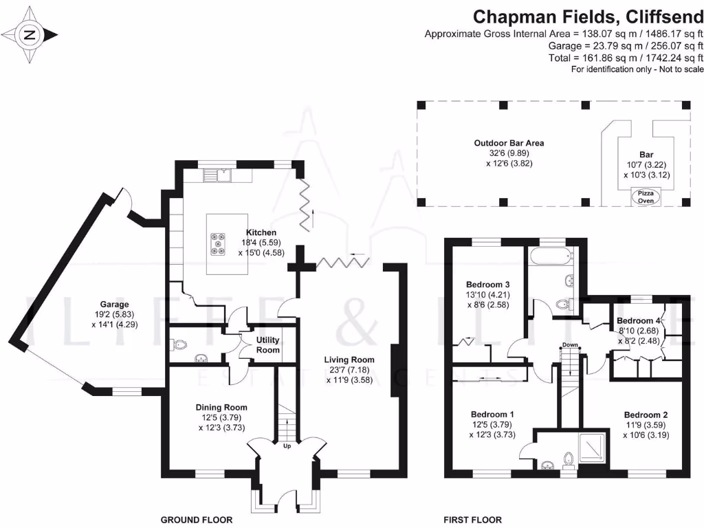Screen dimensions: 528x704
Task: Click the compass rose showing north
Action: coord(29,34)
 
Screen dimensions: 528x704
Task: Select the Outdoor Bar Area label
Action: coord(509,143)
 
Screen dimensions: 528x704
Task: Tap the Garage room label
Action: coord(114,304)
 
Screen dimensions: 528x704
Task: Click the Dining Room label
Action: coord(221,407)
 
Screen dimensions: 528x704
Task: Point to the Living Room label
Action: coord(351,359)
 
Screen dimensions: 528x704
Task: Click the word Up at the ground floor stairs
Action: coord(287,446)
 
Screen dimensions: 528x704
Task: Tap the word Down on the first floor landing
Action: coord(569,344)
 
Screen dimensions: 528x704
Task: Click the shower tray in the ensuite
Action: coord(591,448)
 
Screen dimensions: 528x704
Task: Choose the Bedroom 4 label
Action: coord(639,320)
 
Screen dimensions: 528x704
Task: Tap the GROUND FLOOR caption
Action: coord(196,520)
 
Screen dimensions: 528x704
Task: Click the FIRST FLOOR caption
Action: coord(474,520)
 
